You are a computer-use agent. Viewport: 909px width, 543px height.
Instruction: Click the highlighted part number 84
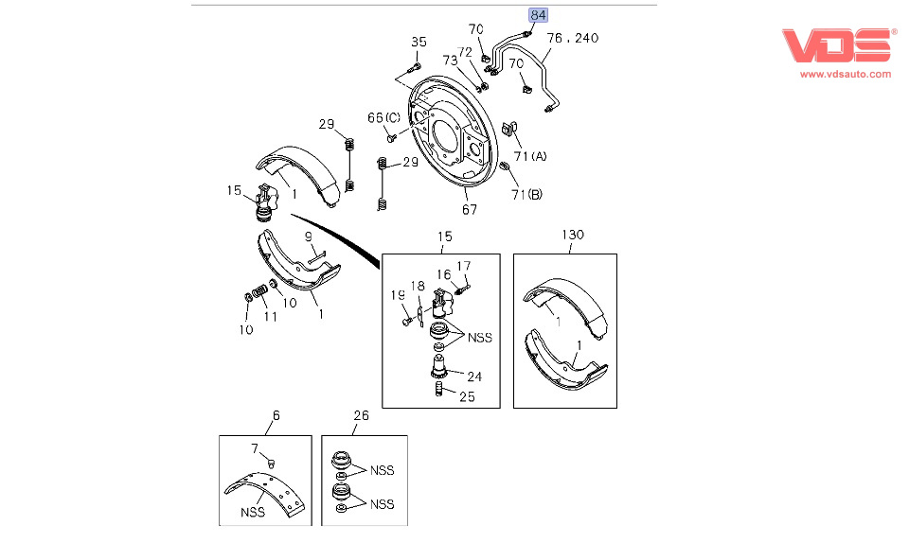tap(538, 15)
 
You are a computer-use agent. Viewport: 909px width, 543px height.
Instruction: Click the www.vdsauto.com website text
tap(846, 73)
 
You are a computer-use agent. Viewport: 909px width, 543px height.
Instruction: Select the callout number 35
tap(419, 42)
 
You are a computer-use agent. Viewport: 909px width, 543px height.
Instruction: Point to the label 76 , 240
tap(573, 38)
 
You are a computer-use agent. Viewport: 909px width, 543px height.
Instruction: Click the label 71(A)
tap(529, 155)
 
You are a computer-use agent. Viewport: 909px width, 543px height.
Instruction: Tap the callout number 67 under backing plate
tap(470, 210)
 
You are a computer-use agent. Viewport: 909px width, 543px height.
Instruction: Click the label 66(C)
tap(384, 117)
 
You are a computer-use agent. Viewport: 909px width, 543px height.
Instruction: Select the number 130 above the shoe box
tap(573, 235)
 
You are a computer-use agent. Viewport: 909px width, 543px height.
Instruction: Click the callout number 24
tap(473, 377)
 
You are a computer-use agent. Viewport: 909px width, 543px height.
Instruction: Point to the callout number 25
tap(468, 396)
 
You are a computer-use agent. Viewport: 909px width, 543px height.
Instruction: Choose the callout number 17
tap(463, 266)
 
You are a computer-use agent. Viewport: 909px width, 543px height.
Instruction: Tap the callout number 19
tap(399, 296)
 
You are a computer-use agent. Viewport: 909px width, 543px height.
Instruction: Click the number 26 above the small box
tap(361, 415)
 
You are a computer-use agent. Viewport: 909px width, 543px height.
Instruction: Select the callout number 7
tap(254, 447)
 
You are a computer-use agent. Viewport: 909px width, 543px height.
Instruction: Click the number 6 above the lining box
tap(276, 415)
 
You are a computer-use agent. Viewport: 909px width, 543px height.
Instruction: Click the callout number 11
tap(270, 317)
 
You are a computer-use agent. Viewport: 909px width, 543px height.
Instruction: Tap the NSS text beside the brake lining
tap(252, 512)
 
